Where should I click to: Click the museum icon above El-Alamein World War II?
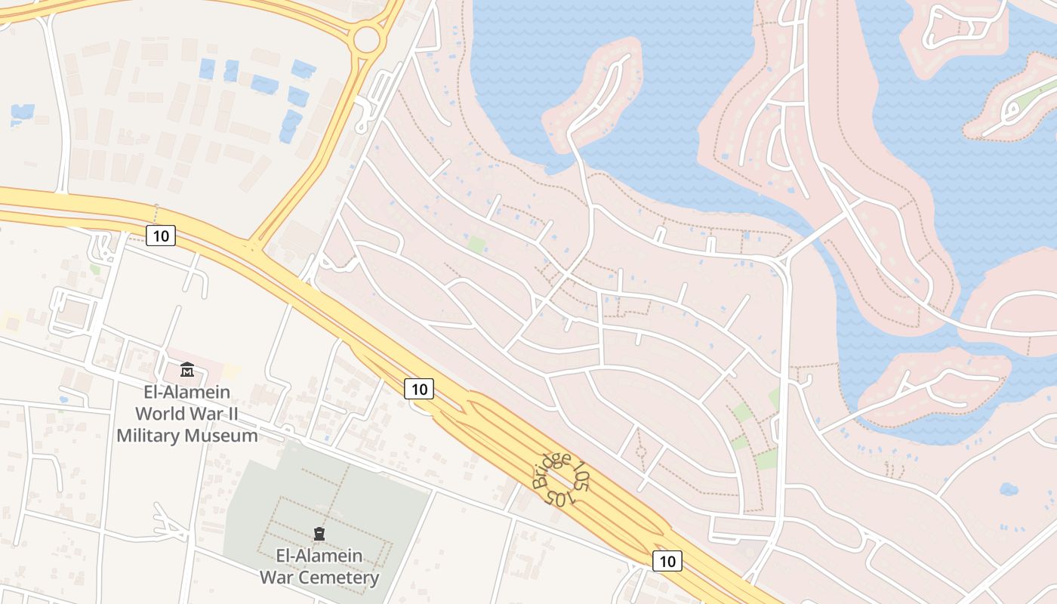(x=186, y=370)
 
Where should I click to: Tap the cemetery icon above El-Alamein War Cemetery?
(x=319, y=534)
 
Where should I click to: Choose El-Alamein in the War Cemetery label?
(x=319, y=556)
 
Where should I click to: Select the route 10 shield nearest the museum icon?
(x=160, y=236)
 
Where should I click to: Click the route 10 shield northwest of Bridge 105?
(x=419, y=389)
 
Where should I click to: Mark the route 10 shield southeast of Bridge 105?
(x=667, y=560)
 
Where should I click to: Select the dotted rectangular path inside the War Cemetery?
(x=326, y=521)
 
